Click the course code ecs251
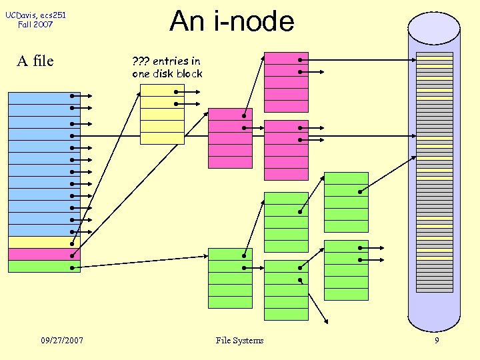[53, 15]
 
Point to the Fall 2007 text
[35, 25]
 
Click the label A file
[35, 61]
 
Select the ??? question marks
[141, 61]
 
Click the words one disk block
[167, 74]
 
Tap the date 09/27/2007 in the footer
[61, 341]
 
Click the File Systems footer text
[239, 341]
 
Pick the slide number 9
[437, 341]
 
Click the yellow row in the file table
[44, 243]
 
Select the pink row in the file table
[44, 255]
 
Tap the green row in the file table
[44, 267]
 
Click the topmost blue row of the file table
[44, 98]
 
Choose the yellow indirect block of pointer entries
[162, 114]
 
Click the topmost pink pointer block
[286, 81]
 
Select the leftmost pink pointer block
[230, 138]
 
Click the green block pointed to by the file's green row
[230, 278]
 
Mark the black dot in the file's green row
[71, 267]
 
